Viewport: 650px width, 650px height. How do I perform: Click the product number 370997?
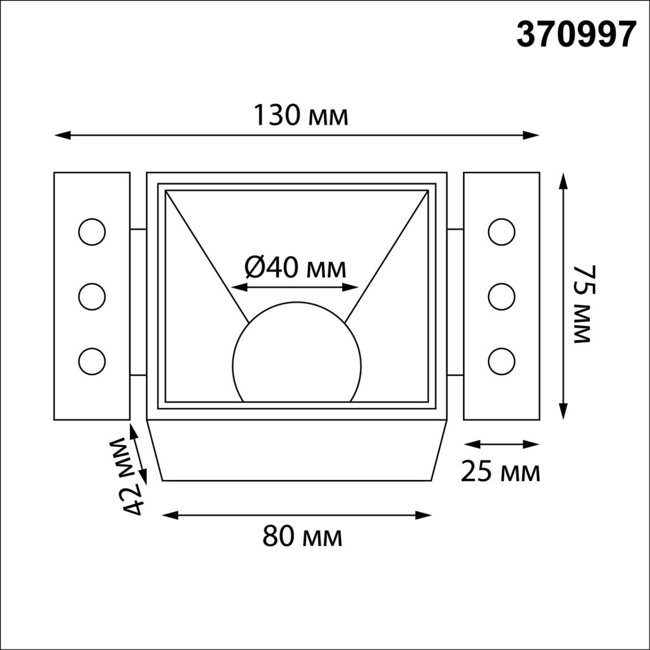(576, 35)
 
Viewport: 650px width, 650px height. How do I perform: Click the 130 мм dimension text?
(301, 115)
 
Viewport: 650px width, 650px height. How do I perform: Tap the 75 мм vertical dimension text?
(583, 304)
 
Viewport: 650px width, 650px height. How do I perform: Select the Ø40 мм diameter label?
(296, 267)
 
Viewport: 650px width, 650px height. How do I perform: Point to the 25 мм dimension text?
(500, 472)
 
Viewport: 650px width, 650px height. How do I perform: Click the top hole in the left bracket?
(92, 232)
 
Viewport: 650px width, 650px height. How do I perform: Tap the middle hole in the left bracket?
(92, 297)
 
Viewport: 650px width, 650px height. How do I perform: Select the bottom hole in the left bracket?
(92, 361)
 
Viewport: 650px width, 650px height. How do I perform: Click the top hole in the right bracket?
(501, 232)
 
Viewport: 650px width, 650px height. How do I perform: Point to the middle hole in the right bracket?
(501, 297)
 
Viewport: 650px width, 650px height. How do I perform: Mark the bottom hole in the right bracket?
(501, 361)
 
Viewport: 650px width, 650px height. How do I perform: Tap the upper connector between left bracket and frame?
(138, 230)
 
